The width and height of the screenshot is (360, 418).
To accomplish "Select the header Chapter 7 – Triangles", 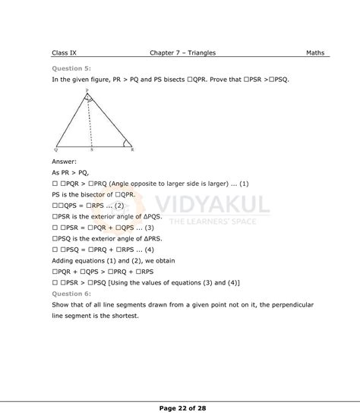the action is pos(183,53).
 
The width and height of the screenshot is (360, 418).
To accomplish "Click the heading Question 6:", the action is pos(71,294).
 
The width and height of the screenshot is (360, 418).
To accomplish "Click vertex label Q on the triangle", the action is pos(56,150).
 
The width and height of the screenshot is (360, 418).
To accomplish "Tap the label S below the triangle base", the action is pos(92,151).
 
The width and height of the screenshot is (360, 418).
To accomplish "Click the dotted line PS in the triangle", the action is pos(90,121).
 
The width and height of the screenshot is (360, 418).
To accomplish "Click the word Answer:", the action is pos(65,162).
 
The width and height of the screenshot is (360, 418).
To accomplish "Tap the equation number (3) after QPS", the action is pos(149,227).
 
